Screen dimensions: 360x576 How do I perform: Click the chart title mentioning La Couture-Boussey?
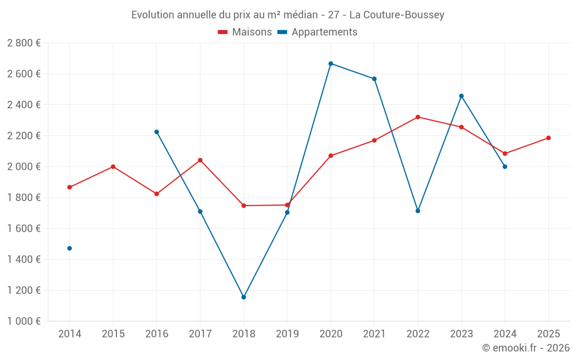[287, 15]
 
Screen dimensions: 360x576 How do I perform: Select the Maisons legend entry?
[245, 32]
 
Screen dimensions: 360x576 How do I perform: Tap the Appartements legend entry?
[317, 32]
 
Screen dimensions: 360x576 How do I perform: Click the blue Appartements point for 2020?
[331, 63]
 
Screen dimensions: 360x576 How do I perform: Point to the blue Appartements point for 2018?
[244, 297]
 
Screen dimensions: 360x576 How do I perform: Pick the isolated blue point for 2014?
[70, 248]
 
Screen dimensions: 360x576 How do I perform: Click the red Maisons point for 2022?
[418, 117]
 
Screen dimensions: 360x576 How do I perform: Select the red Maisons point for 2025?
[548, 138]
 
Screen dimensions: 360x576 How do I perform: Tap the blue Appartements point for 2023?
[461, 96]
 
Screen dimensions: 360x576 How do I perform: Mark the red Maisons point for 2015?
[113, 166]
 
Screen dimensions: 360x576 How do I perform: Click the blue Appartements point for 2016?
[157, 132]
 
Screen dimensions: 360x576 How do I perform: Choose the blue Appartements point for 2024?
[505, 166]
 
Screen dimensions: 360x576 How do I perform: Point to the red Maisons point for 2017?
[200, 160]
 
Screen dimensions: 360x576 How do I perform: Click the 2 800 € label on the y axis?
[24, 43]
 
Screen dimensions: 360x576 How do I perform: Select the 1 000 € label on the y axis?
[24, 321]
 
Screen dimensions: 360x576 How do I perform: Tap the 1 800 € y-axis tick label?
[24, 198]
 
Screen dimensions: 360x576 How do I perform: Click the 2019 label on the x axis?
[287, 334]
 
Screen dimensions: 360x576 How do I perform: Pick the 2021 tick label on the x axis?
[374, 334]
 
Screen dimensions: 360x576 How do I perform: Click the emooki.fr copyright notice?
[525, 348]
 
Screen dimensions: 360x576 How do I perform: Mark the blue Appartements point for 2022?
[418, 211]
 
